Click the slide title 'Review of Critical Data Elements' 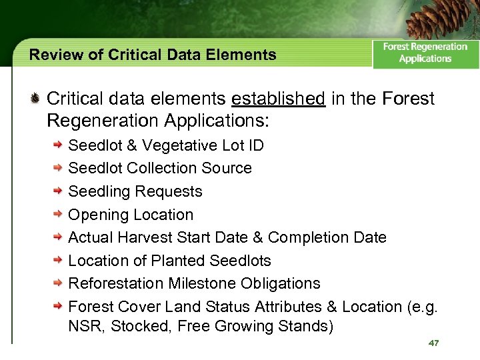(x=153, y=55)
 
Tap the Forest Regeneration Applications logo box (x=425, y=53)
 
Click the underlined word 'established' (x=278, y=99)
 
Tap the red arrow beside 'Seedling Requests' (x=59, y=191)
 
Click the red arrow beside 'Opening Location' (x=59, y=215)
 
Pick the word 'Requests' (x=169, y=192)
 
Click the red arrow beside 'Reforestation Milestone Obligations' (x=59, y=283)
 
